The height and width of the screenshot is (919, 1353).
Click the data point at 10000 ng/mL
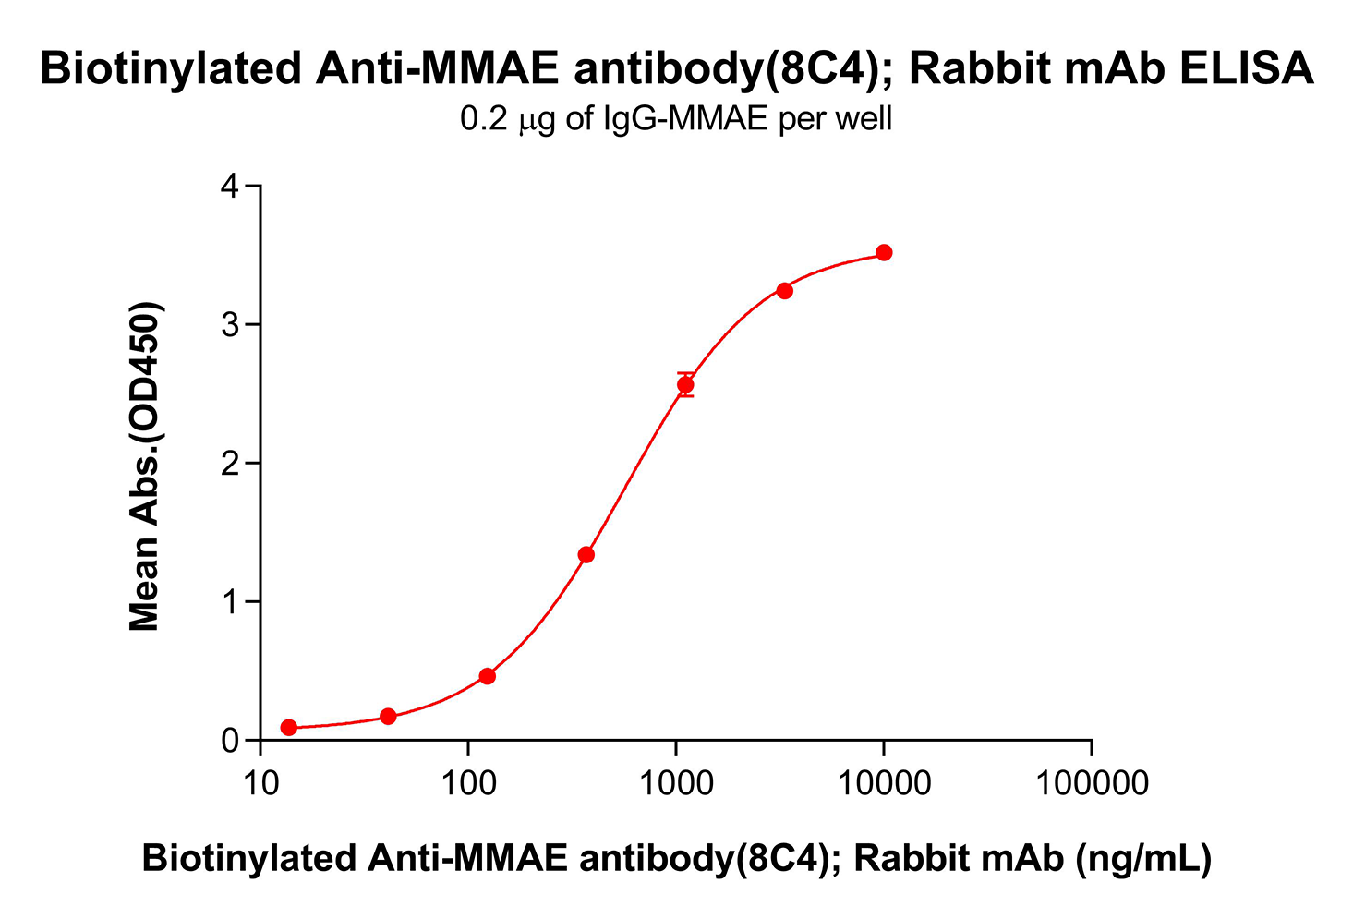pos(884,252)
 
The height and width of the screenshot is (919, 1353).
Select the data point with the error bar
pos(685,384)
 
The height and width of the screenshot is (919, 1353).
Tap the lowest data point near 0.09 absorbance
pos(289,727)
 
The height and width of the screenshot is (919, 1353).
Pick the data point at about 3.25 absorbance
pos(784,290)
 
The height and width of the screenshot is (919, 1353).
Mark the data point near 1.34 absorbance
pos(586,554)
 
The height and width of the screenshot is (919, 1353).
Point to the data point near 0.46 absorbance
pos(488,676)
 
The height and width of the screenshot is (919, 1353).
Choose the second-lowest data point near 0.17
pos(388,716)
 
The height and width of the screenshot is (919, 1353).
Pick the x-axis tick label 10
pos(261,783)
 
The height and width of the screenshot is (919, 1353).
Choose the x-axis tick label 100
pos(468,783)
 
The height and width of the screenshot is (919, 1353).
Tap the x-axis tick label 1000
pos(676,783)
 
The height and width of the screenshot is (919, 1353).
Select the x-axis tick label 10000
pos(884,783)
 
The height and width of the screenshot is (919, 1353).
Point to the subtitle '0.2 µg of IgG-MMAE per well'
pos(676,119)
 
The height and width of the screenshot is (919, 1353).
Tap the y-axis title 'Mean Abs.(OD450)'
pos(145,466)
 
